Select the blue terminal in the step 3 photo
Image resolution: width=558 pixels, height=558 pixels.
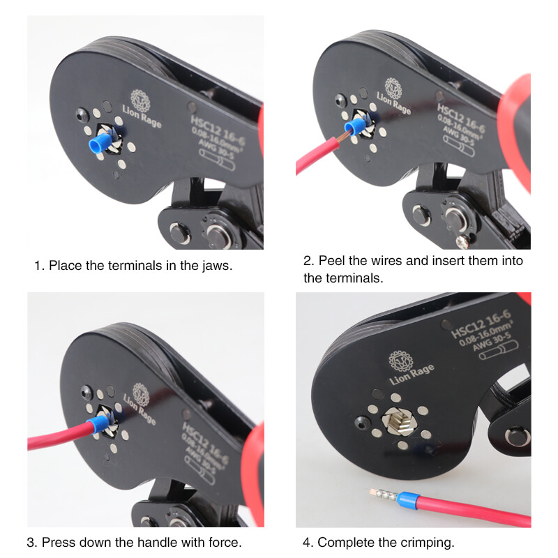coord(97,425)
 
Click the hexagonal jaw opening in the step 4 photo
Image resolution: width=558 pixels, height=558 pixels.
coord(399,423)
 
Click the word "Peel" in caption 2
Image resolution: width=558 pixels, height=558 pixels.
coord(333,261)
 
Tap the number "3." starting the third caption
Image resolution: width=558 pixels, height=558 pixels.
coord(32,542)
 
